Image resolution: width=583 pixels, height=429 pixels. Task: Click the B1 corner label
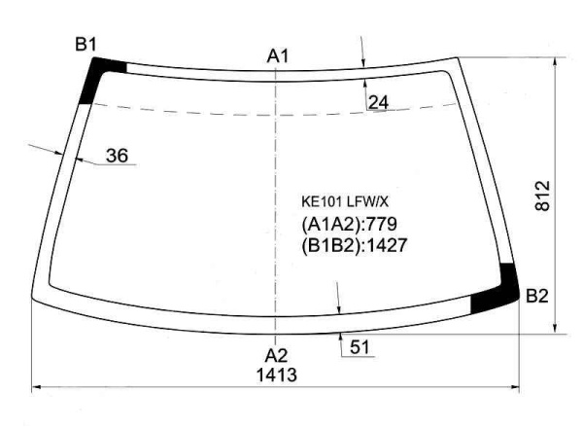coord(86,45)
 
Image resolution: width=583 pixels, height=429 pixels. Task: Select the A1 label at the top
coord(278,56)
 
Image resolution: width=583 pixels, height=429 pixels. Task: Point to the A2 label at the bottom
coord(276,356)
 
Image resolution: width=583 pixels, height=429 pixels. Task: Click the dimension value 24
coord(379,102)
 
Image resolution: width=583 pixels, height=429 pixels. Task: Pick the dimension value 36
coord(118,156)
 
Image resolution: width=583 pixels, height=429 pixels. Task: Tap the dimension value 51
coord(360,347)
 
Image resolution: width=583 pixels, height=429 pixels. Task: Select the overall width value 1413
coord(277,375)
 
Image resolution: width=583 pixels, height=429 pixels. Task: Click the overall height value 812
coord(542,196)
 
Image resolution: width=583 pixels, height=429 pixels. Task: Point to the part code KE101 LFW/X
coord(345,202)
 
